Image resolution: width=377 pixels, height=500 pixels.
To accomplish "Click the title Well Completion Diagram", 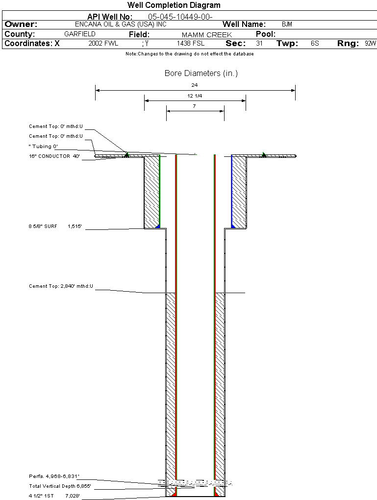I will click(174, 5).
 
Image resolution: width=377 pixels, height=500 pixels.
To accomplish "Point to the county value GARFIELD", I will click(80, 34).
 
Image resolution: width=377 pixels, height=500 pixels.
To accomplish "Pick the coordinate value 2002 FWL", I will click(103, 44).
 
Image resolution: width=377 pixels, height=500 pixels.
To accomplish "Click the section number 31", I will click(259, 44).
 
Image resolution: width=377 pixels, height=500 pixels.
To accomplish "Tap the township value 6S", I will click(315, 44).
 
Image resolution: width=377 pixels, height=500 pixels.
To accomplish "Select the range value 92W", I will click(370, 44).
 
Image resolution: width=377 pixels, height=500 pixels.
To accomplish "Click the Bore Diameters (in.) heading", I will click(201, 74).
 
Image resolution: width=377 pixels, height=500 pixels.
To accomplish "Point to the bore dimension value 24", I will click(195, 85).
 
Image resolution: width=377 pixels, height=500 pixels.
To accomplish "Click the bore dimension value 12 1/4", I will click(195, 96).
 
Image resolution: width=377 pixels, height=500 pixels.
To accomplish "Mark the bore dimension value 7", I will click(195, 106).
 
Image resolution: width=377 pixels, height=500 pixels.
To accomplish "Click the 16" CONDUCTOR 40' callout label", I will click(54, 156).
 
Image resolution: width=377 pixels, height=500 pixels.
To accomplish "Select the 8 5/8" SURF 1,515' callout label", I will click(55, 227).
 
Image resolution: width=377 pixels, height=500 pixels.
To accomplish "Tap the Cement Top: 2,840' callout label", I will click(61, 286).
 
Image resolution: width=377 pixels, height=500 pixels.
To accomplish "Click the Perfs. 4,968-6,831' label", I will click(54, 476).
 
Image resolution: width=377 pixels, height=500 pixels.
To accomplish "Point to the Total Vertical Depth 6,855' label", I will click(60, 486).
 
